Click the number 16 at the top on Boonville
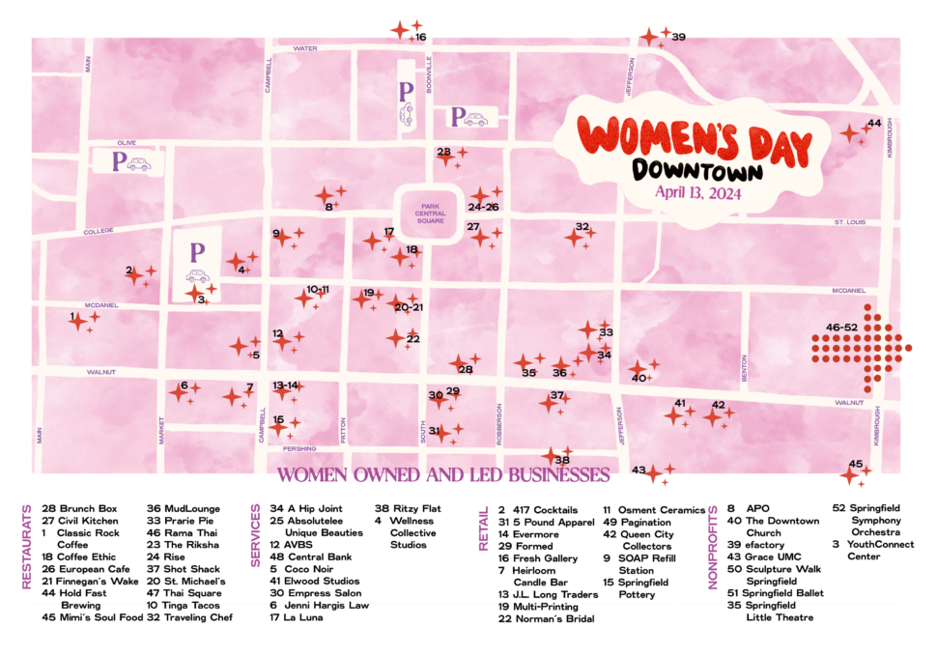pos(420,38)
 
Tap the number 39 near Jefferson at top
pos(678,38)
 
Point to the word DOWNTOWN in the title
pos(696,169)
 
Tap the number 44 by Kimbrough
pos(873,124)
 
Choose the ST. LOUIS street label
pos(850,223)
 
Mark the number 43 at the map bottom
pos(638,471)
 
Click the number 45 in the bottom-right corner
pos(855,464)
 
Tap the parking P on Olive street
pos(120,161)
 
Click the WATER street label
pos(305,48)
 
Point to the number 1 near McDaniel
pos(71,316)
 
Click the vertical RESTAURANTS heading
pos(27,546)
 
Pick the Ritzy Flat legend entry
pos(408,508)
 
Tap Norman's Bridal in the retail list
pos(546,618)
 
